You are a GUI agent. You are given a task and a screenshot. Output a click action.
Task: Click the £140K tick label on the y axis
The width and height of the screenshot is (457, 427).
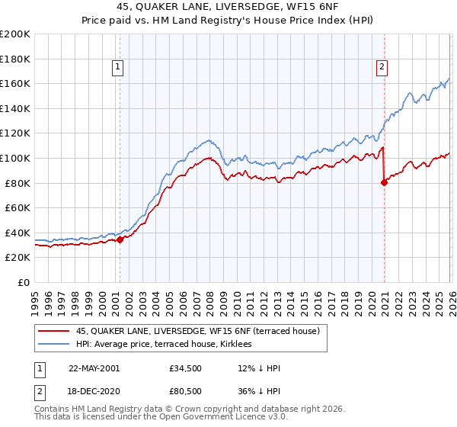coord(15,108)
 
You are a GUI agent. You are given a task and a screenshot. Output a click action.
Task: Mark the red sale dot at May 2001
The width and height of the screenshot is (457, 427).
coord(120,239)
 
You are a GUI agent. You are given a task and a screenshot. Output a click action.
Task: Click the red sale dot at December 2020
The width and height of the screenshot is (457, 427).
coord(384,182)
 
